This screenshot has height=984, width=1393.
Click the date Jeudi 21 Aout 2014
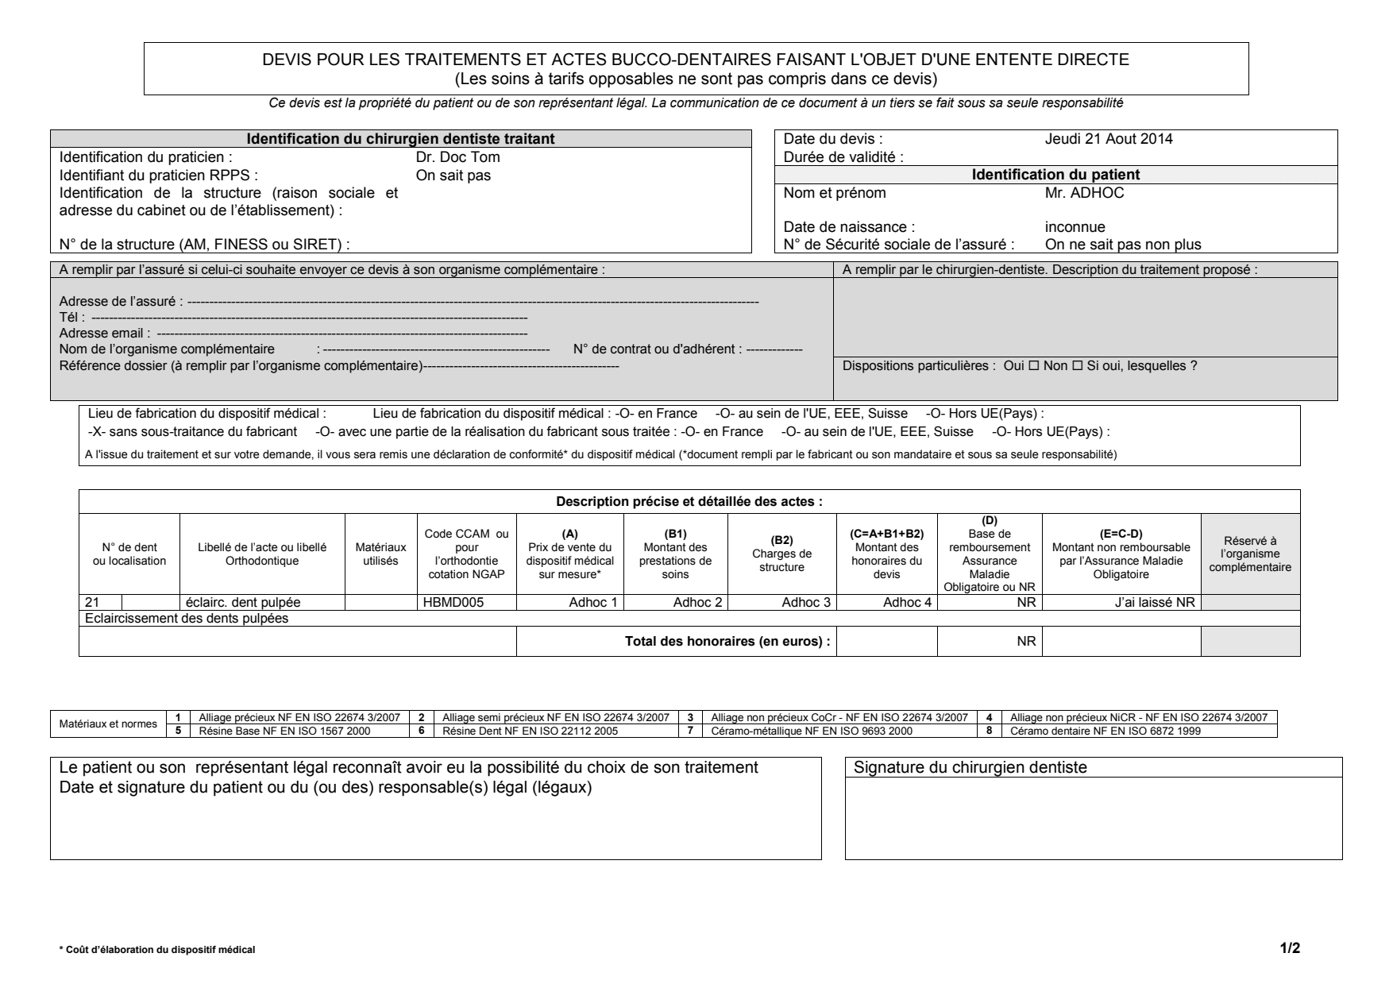(x=1109, y=139)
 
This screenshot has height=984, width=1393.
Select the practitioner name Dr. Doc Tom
(x=457, y=157)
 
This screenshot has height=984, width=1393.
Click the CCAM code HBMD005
(x=452, y=602)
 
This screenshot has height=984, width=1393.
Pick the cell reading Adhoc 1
(x=592, y=602)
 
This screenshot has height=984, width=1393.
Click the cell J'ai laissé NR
(x=1155, y=602)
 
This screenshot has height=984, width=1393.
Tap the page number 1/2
(x=1290, y=947)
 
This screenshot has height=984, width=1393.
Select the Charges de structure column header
(x=782, y=554)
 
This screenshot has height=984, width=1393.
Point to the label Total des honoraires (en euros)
(x=727, y=642)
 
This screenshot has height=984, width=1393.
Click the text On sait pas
(x=453, y=176)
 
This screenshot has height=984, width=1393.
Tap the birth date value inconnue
(x=1075, y=227)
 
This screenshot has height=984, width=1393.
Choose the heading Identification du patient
(x=1055, y=175)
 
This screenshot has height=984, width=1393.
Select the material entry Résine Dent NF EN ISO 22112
(x=530, y=731)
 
